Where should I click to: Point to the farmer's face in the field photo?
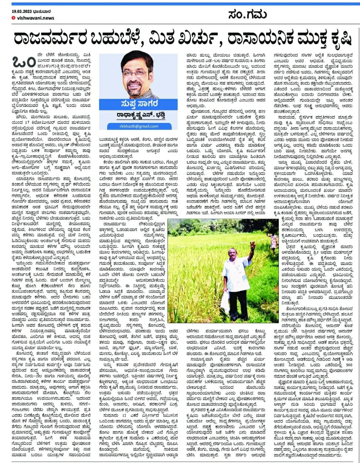pyautogui.click(x=234, y=254)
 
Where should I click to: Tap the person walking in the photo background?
pyautogui.click(x=273, y=241)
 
